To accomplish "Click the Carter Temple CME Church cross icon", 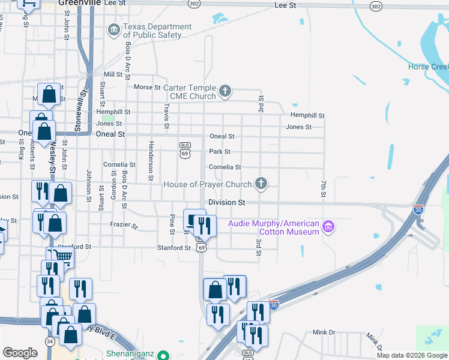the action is click(225, 92).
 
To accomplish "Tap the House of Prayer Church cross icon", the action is click(261, 184).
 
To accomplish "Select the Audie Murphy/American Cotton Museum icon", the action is click(328, 227).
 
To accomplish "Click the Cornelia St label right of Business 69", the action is click(224, 167).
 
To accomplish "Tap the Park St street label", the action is click(219, 152).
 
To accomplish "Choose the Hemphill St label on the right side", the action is click(307, 115).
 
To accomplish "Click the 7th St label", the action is click(322, 188).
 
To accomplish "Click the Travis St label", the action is click(166, 115).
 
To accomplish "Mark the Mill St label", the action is click(113, 74).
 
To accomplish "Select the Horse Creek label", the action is click(428, 67).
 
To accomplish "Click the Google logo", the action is click(20, 353).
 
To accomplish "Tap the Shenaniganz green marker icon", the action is click(162, 355).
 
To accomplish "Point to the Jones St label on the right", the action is click(298, 127).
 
